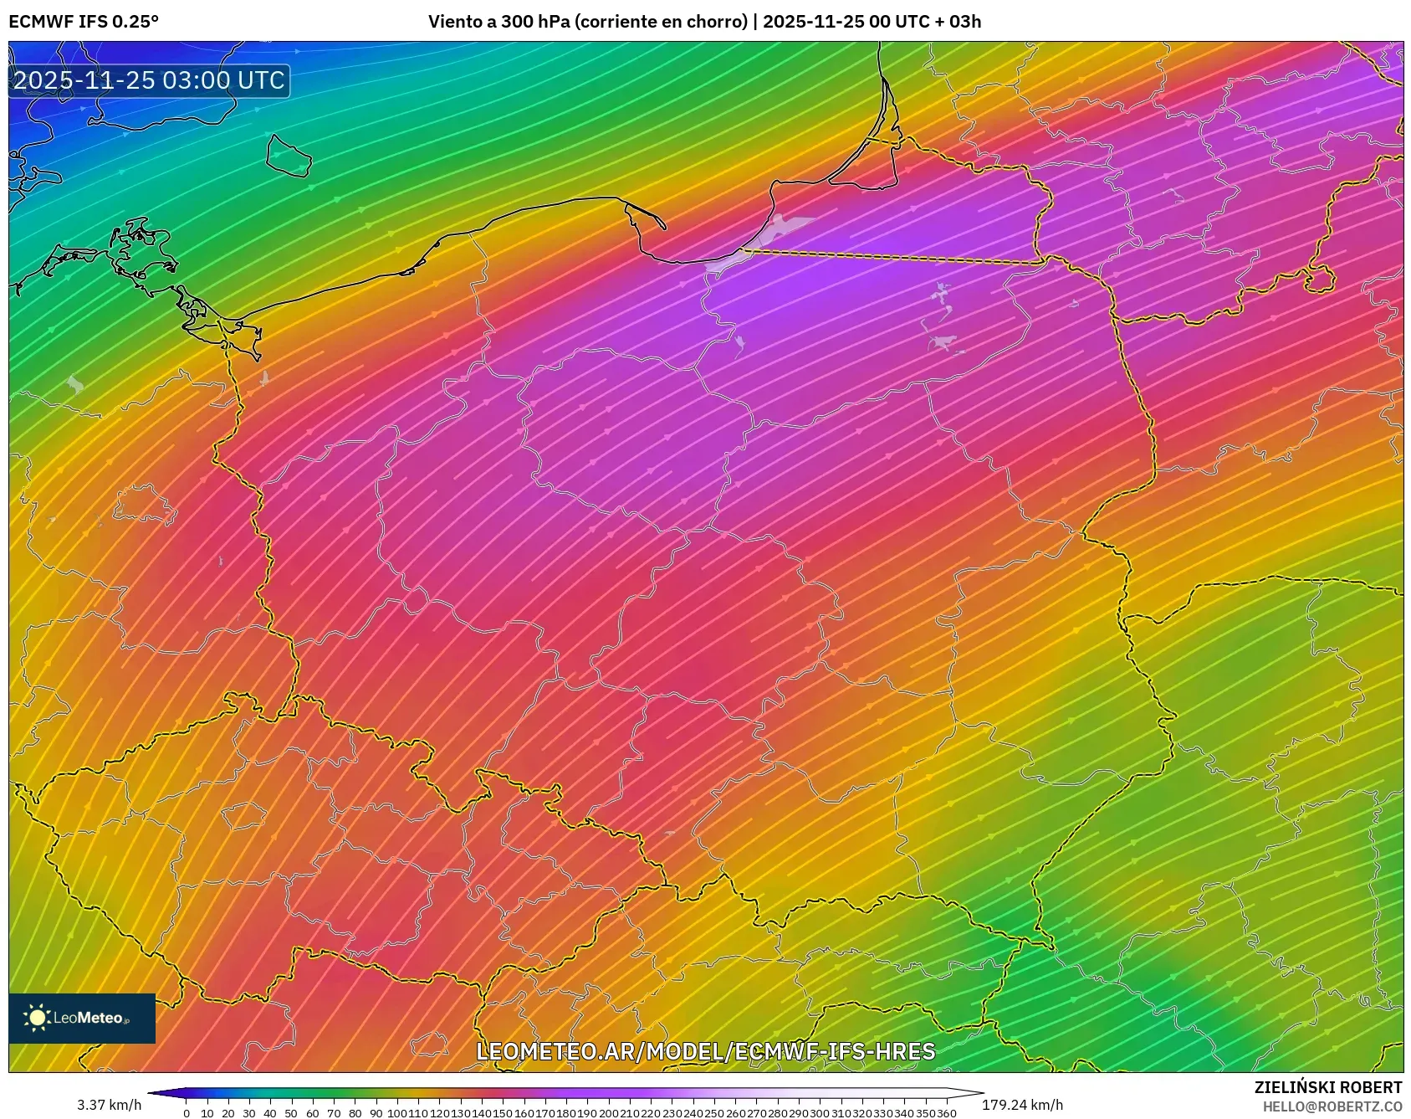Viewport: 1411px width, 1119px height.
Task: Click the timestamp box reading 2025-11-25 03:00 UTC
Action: (x=149, y=80)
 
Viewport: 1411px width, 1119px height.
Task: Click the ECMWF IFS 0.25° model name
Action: (x=84, y=22)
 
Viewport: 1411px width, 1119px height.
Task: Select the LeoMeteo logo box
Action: (x=82, y=1018)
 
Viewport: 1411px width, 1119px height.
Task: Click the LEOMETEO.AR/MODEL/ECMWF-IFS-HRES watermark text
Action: (x=705, y=1051)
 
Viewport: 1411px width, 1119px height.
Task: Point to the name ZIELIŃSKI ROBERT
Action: (x=1327, y=1087)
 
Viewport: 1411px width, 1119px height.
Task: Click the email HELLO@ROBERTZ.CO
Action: (x=1332, y=1106)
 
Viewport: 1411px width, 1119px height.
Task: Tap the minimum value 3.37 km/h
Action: (x=110, y=1105)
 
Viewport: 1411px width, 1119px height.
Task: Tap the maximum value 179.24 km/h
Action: (x=1022, y=1105)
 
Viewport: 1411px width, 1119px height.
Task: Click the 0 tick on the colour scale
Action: (x=186, y=1113)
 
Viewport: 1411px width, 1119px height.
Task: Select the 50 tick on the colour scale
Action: (x=291, y=1113)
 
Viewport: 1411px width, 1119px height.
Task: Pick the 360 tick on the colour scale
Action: (x=946, y=1113)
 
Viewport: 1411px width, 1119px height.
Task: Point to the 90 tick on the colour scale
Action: (x=376, y=1113)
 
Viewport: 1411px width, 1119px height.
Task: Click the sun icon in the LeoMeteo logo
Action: (x=38, y=1018)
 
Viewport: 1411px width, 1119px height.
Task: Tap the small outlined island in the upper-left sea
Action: (x=288, y=156)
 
